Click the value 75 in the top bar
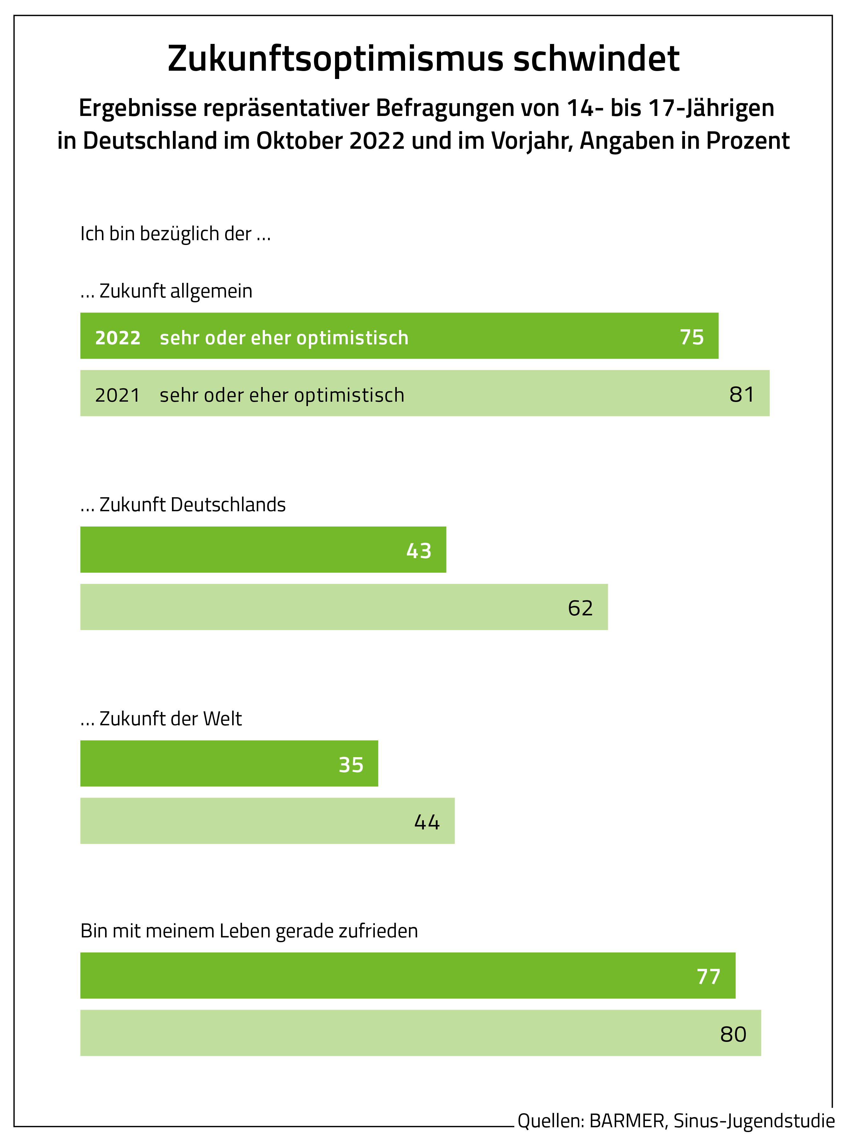[691, 337]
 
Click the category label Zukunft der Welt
[170, 718]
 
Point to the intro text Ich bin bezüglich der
[175, 234]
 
